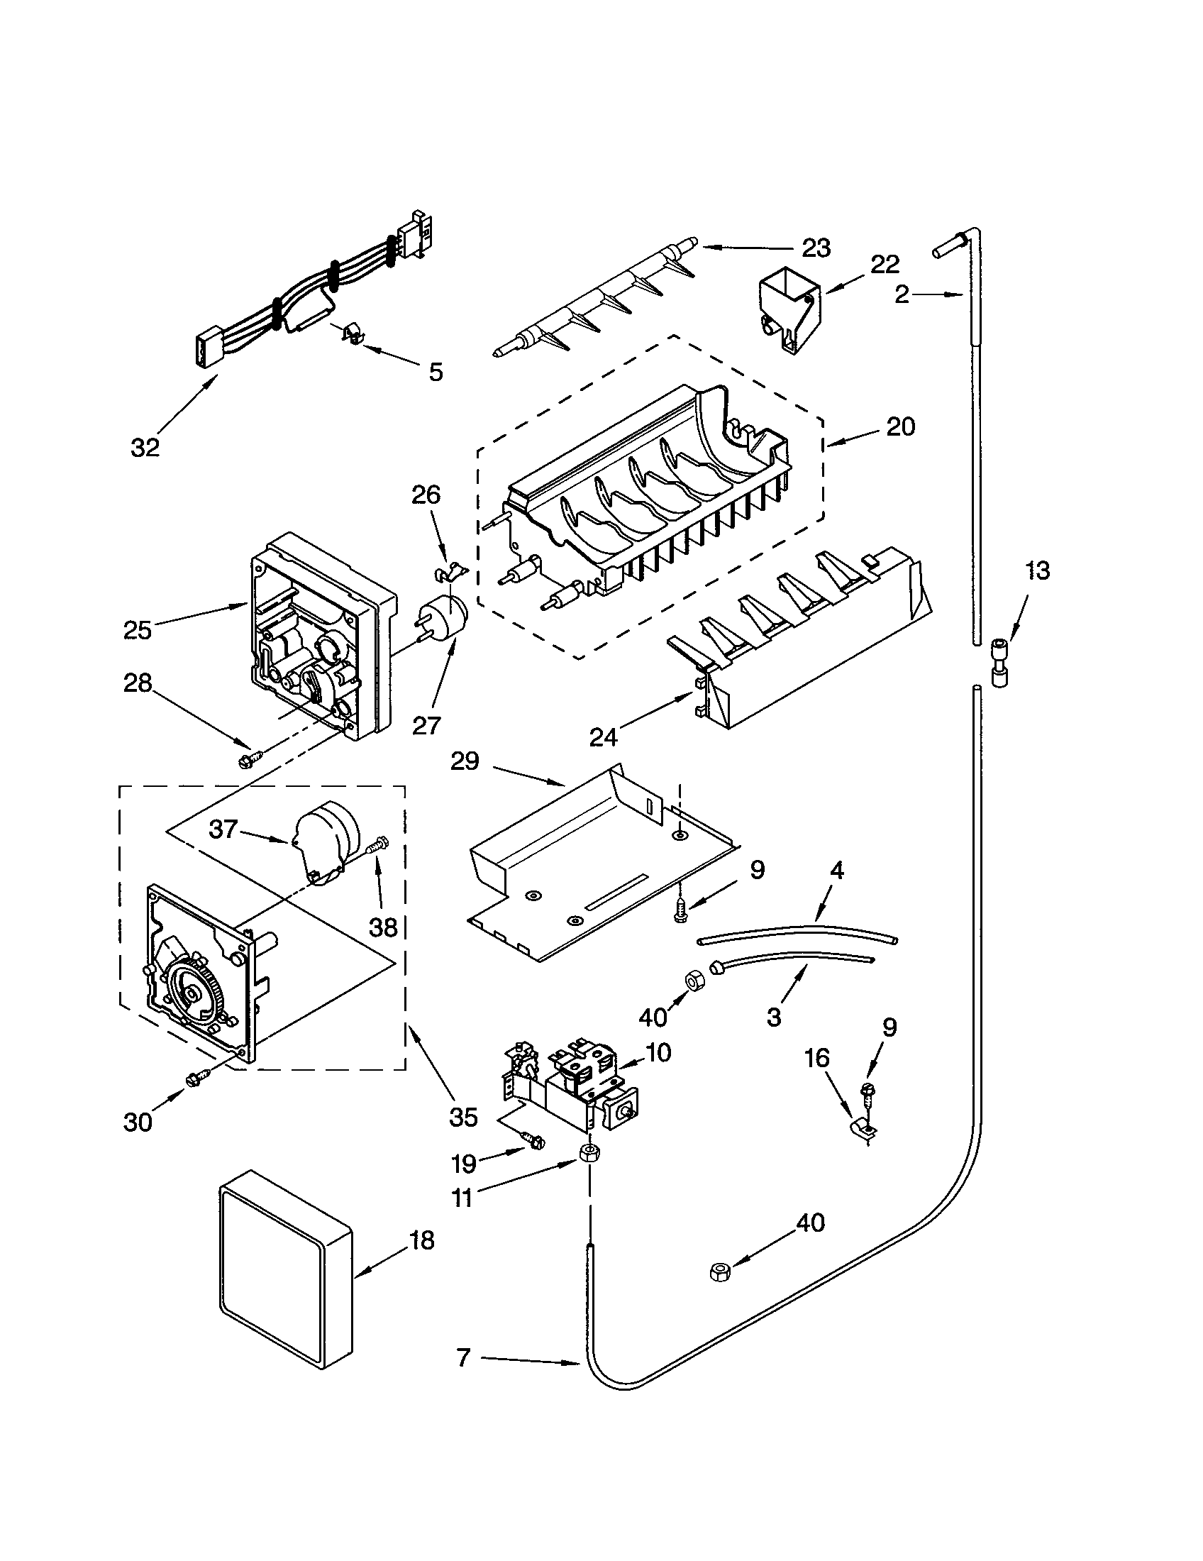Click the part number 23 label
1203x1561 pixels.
click(816, 248)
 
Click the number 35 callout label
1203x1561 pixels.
click(463, 1116)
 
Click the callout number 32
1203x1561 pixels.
click(145, 448)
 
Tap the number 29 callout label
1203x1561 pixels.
click(465, 762)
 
